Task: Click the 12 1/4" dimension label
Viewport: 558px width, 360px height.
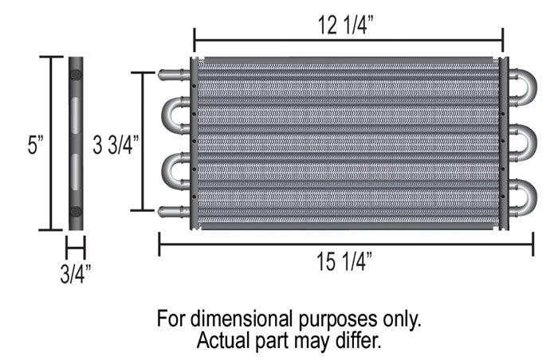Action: coord(348,24)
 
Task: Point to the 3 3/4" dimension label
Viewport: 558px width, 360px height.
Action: coord(116,145)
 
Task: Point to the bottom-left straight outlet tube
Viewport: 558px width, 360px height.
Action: coord(175,210)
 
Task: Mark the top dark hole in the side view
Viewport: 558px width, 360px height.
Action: coord(76,76)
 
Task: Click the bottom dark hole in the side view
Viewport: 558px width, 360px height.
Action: coord(76,211)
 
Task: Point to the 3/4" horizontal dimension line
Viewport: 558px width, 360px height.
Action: coord(76,248)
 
